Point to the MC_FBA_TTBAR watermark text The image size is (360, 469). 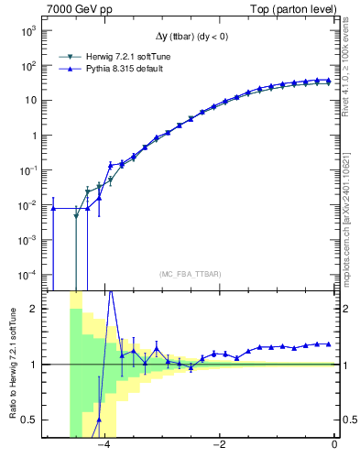pos(190,274)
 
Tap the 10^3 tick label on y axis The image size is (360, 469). pos(28,31)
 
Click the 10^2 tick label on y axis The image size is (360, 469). pos(28,66)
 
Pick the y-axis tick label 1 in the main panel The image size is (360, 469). pos(34,136)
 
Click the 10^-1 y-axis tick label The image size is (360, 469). pos(27,170)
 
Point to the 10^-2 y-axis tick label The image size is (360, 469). pos(27,205)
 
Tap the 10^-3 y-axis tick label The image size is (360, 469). pos(27,240)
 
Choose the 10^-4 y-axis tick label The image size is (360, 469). pos(27,275)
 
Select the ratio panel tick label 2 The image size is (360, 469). pos(34,310)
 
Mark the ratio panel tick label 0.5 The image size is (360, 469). pos(30,420)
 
